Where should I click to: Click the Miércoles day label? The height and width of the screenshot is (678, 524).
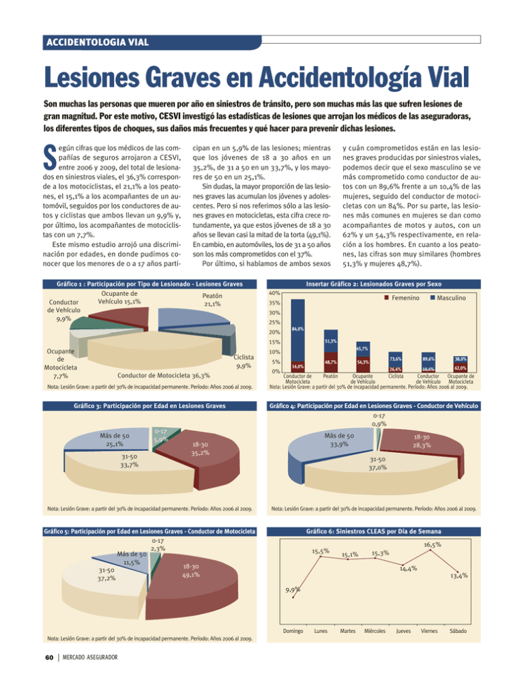coord(375,632)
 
